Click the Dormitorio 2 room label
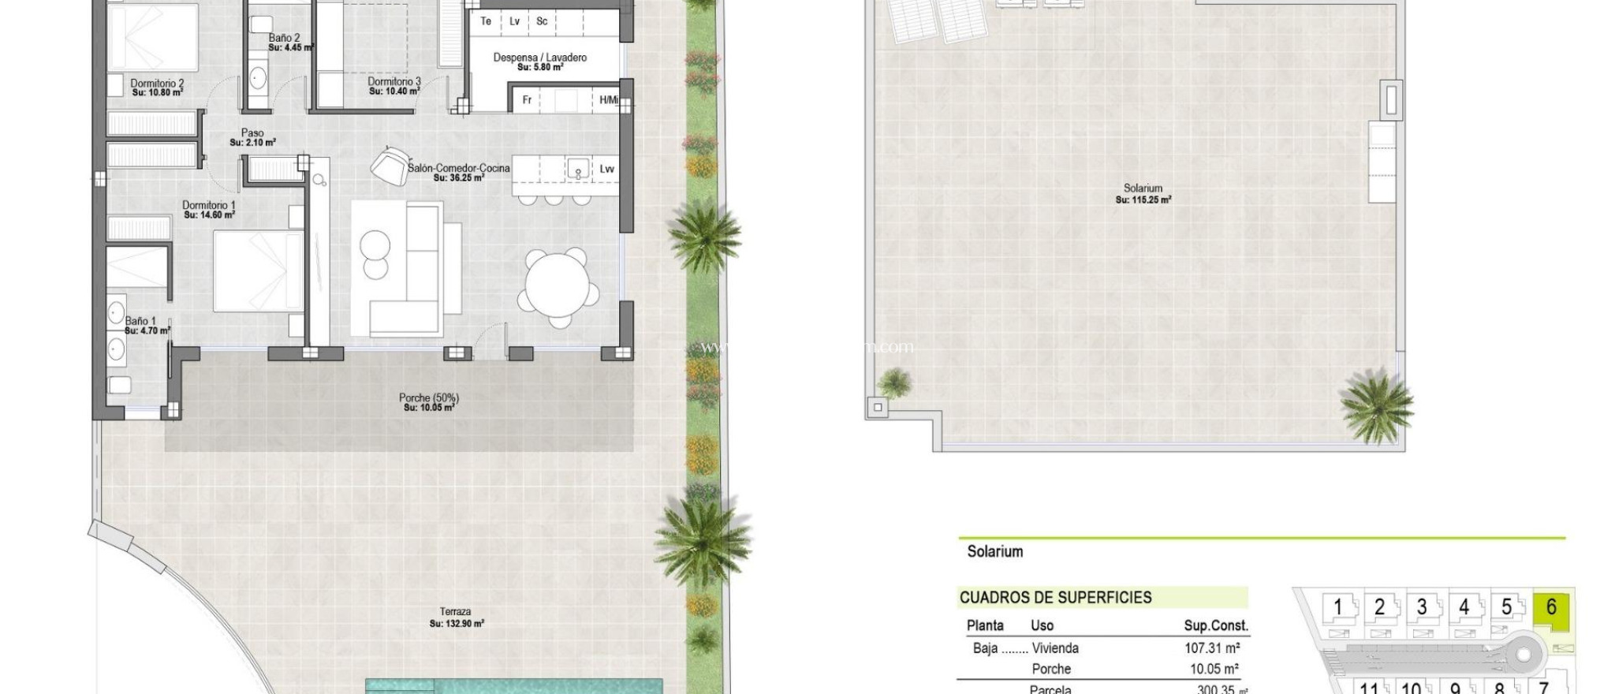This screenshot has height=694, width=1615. (x=157, y=84)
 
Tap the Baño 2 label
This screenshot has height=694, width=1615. (x=284, y=38)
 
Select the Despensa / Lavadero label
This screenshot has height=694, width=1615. (x=539, y=58)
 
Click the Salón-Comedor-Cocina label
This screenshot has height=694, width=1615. (x=458, y=168)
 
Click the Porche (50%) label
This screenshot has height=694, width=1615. (x=428, y=398)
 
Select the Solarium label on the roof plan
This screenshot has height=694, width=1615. (x=1143, y=188)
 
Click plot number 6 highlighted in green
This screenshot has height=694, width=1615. (x=1551, y=607)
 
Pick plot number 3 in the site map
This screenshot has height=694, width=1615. (x=1421, y=607)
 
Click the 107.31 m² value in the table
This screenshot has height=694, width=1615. (x=1211, y=648)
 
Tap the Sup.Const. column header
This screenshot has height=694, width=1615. (x=1216, y=626)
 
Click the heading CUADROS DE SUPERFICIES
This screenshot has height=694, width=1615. (x=1055, y=598)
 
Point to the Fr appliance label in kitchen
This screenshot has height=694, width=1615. (x=527, y=100)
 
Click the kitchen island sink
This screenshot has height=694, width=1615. (x=578, y=169)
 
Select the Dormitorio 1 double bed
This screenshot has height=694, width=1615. (x=258, y=271)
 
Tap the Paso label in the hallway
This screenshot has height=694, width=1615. (x=252, y=133)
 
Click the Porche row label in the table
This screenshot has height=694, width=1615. (x=1051, y=669)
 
